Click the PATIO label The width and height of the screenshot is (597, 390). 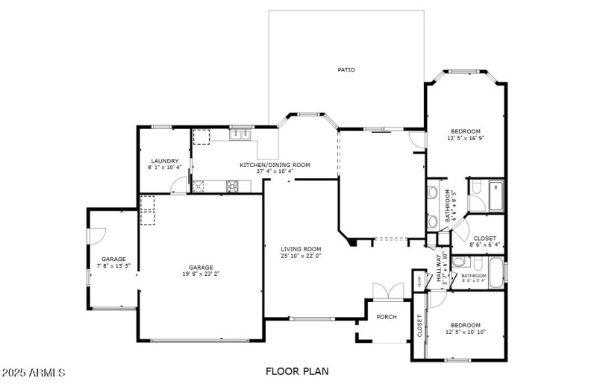click(346, 70)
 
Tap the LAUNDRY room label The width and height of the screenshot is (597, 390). click(164, 161)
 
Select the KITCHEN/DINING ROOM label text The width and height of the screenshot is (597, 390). click(275, 165)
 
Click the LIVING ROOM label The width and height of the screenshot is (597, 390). click(301, 249)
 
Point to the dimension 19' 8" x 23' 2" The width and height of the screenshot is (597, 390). click(201, 274)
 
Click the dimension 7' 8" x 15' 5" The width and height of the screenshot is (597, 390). click(114, 265)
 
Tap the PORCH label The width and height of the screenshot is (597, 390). click(387, 317)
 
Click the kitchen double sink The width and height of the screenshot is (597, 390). click(240, 133)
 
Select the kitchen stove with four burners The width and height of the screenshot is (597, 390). click(232, 186)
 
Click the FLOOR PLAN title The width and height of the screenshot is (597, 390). click(297, 371)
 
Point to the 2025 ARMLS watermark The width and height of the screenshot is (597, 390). click(34, 371)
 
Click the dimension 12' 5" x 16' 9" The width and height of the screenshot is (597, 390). click(466, 138)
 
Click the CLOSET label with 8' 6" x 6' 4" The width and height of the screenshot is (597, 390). click(484, 244)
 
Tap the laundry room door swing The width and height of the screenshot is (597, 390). click(179, 187)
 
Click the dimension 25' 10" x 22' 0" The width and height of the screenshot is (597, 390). click(301, 256)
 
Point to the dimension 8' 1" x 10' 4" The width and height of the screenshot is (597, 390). click(164, 168)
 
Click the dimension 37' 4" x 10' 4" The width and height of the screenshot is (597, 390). click(275, 172)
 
